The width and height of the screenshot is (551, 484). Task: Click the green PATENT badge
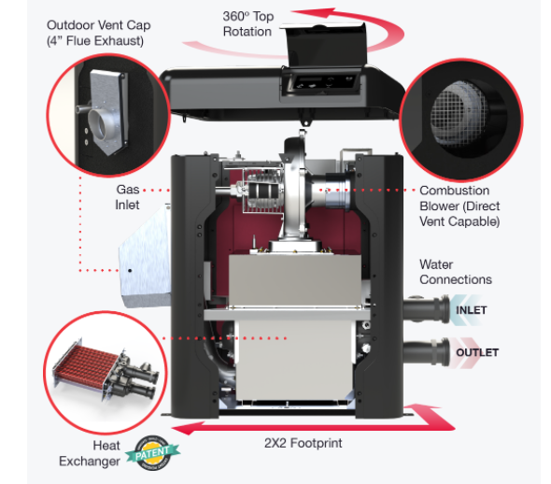pyautogui.click(x=153, y=453)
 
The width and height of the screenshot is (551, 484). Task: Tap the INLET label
pyautogui.click(x=472, y=310)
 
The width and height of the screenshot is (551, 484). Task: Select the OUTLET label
pyautogui.click(x=477, y=352)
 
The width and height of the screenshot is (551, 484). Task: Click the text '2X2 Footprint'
pyautogui.click(x=303, y=443)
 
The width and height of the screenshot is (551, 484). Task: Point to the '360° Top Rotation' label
pyautogui.click(x=248, y=24)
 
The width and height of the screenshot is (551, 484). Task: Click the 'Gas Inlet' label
pyautogui.click(x=127, y=197)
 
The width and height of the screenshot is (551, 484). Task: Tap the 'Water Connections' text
pyautogui.click(x=456, y=272)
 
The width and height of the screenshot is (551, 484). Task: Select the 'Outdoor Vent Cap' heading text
pyautogui.click(x=98, y=25)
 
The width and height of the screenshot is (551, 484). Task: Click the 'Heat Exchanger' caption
pyautogui.click(x=90, y=453)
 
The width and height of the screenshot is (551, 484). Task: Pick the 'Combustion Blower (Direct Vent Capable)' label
pyautogui.click(x=459, y=206)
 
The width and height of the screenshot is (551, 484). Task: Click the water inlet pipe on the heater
pyautogui.click(x=426, y=309)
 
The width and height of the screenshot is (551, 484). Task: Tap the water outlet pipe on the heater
pyautogui.click(x=426, y=352)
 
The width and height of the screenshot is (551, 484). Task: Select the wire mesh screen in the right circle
pyautogui.click(x=459, y=115)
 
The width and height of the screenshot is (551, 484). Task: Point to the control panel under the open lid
pyautogui.click(x=320, y=83)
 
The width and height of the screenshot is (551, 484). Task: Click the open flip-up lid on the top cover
pyautogui.click(x=326, y=45)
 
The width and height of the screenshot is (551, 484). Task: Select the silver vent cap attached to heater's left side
pyautogui.click(x=145, y=257)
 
